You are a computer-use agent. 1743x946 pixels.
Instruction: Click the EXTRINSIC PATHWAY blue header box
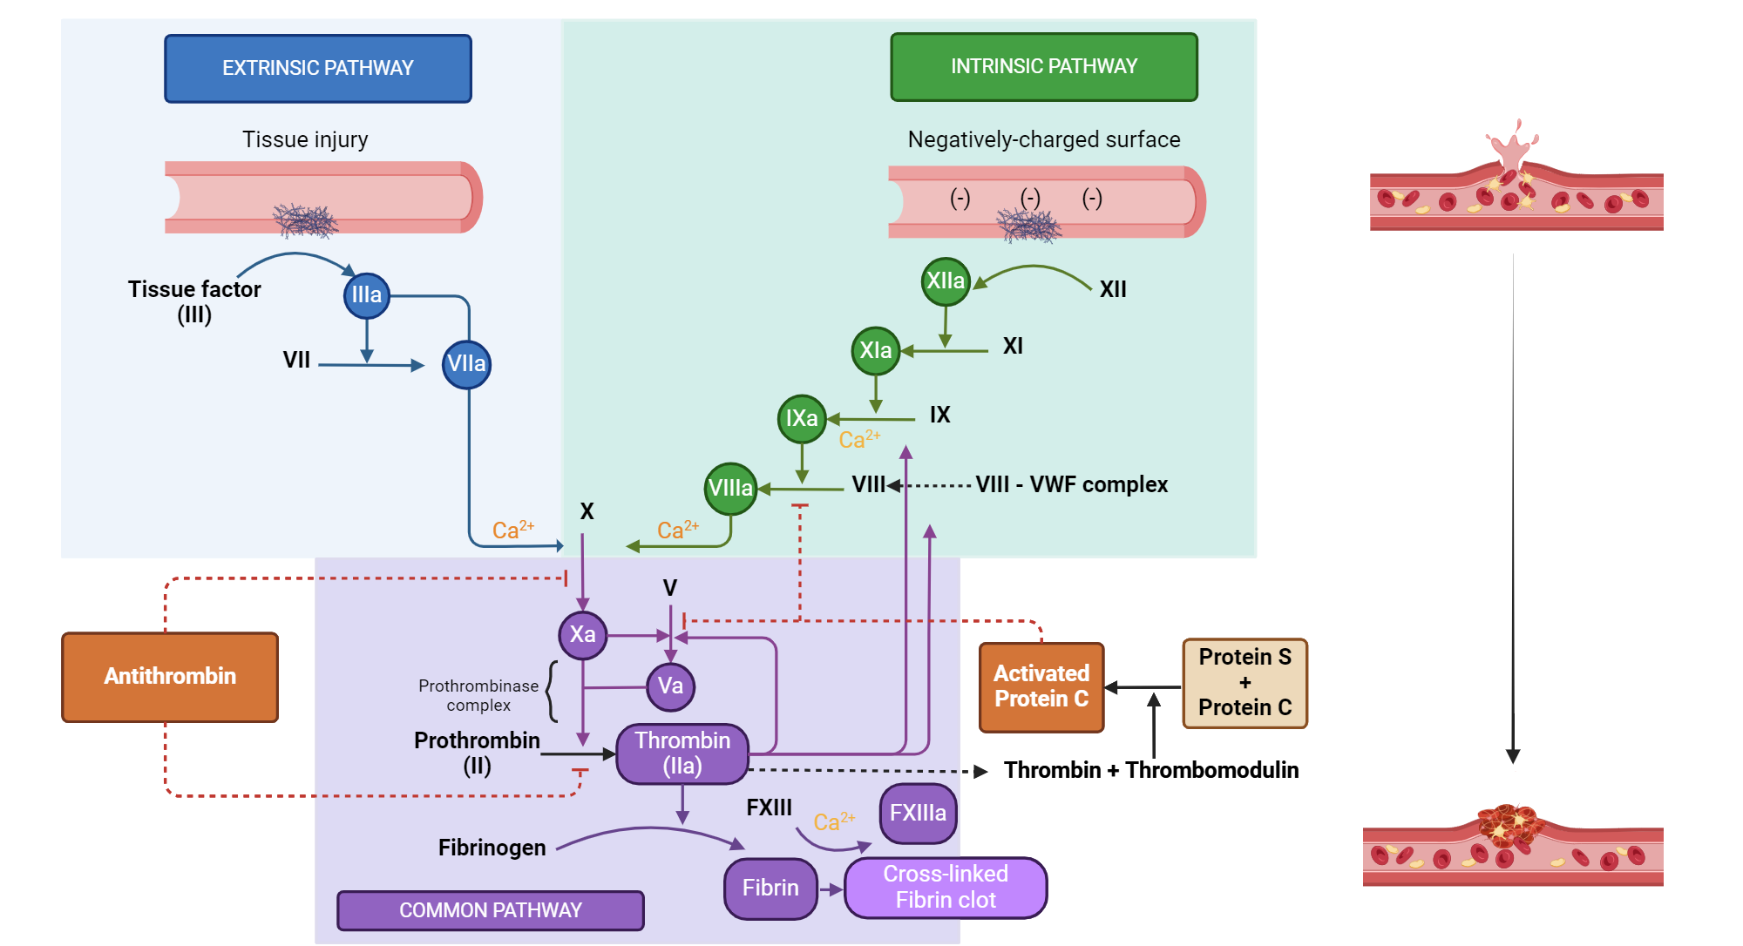point(317,69)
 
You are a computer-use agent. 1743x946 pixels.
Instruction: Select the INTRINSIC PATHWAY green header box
point(1043,67)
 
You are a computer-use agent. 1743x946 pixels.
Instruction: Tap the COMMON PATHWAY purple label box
point(490,910)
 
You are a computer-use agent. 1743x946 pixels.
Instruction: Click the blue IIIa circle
point(366,295)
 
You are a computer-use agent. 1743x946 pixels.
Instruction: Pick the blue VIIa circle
point(466,364)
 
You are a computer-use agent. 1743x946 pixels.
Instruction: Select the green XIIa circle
point(946,281)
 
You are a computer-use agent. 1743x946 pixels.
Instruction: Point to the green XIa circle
point(875,350)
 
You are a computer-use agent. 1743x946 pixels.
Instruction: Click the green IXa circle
point(801,419)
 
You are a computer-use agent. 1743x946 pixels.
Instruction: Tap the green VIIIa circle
point(730,489)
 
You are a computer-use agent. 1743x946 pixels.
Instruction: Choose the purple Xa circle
point(582,634)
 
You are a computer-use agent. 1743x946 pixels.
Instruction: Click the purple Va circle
point(670,686)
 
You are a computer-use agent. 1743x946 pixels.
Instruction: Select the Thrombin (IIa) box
point(682,753)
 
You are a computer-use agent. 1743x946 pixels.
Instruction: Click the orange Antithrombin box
point(170,677)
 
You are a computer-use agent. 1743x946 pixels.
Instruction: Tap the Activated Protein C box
point(1041,686)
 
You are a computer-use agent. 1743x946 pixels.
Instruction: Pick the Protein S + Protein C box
point(1245,683)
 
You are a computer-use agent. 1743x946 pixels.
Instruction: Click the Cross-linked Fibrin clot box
point(946,887)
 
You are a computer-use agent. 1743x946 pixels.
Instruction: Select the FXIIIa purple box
point(918,814)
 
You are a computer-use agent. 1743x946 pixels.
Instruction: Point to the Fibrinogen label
point(492,848)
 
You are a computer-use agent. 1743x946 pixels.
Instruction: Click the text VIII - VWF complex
point(1071,485)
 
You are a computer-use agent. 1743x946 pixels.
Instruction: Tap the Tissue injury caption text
point(305,139)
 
